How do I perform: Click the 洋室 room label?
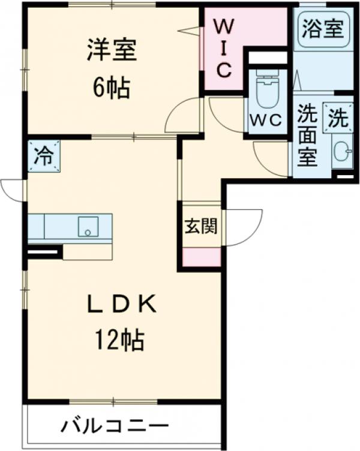(x=112, y=50)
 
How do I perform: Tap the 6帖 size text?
(x=112, y=88)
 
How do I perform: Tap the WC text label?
(x=266, y=119)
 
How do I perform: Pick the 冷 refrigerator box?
(x=44, y=156)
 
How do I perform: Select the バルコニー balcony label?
(x=113, y=427)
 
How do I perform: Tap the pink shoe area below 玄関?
(x=200, y=257)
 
